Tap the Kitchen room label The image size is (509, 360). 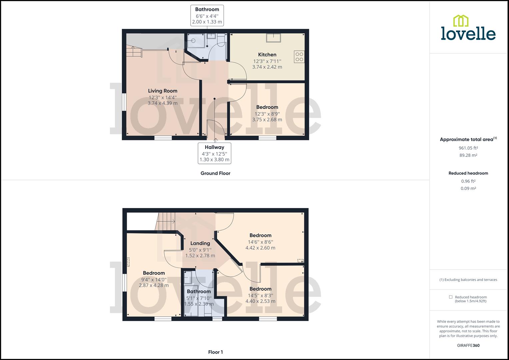(267, 55)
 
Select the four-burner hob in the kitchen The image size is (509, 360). (299, 57)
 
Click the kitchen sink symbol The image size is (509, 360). (273, 38)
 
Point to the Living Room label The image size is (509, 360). (163, 91)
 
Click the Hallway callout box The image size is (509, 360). (214, 153)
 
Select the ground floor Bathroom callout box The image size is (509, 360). (207, 15)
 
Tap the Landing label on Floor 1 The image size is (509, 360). (200, 243)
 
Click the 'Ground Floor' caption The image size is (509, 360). (215, 173)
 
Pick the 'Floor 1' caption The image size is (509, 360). (215, 352)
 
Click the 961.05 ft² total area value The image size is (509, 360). (468, 148)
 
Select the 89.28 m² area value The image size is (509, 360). (468, 155)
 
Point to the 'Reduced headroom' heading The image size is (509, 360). (468, 173)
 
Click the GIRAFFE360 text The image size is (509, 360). (468, 345)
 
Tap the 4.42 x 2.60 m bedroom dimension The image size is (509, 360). (260, 248)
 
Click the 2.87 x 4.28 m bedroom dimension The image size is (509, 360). (154, 285)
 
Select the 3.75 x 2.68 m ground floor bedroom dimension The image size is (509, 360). (267, 120)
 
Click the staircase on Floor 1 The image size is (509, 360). (166, 221)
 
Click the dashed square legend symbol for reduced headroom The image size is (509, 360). (451, 297)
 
